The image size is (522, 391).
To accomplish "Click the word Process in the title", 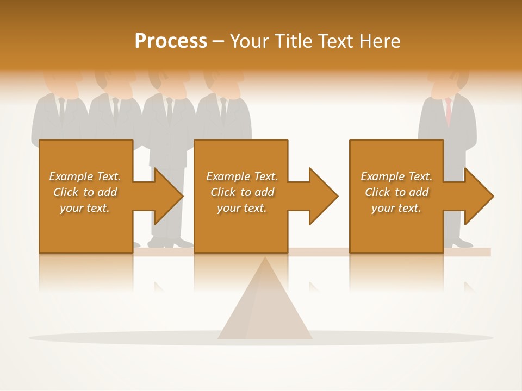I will tap(171, 41).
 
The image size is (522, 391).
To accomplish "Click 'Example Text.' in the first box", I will tap(85, 176).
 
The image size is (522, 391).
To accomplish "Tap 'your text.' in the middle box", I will tap(241, 208).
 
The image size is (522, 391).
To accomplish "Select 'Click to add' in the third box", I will tap(396, 192).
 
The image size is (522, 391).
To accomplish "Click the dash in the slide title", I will tap(218, 41).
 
